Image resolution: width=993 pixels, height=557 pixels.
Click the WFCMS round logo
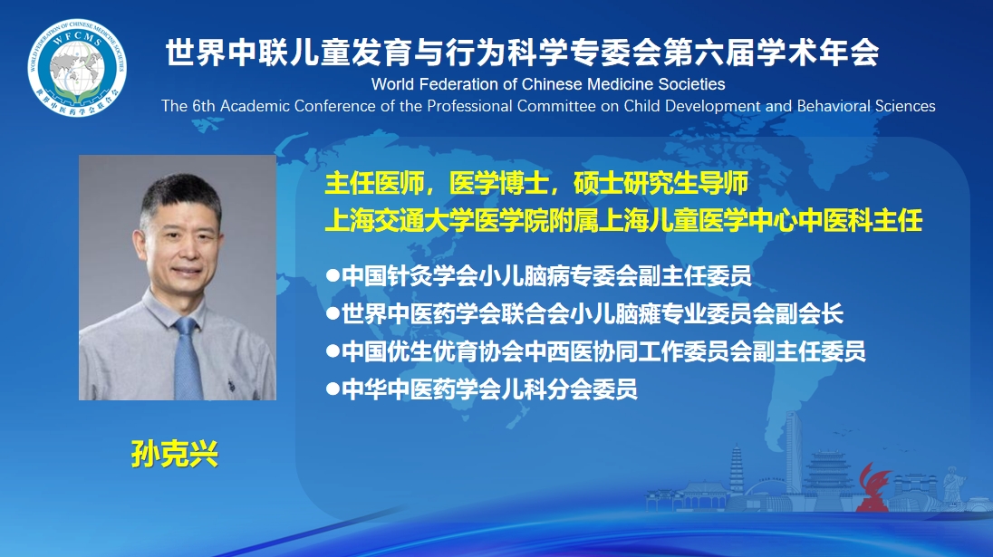77,68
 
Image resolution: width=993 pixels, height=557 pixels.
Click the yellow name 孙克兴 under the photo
175,454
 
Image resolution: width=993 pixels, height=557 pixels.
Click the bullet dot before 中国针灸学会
333,276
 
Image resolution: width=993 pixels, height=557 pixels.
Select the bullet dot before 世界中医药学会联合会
333,314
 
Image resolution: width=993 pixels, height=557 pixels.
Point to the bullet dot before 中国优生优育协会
333,351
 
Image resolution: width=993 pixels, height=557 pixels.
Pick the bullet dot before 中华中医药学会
333,389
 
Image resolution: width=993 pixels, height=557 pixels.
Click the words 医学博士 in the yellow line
498,184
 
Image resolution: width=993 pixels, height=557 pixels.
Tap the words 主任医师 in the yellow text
374,184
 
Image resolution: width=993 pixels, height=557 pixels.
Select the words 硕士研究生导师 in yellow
661,184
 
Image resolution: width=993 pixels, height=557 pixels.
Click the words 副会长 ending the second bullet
809,314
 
